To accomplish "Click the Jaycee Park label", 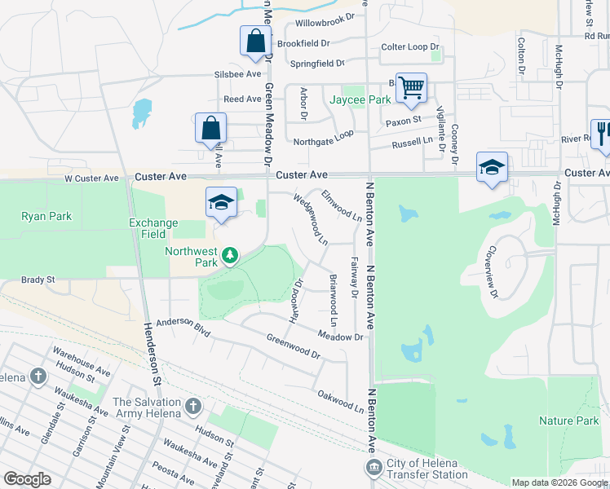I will click(x=360, y=99).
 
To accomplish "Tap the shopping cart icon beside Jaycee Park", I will click(x=411, y=88).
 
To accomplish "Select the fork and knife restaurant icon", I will click(x=603, y=132).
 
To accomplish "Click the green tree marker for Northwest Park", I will click(x=231, y=257).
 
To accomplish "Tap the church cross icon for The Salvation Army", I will click(x=193, y=406).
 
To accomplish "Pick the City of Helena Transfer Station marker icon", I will click(x=374, y=466).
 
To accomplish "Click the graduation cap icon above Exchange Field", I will click(x=221, y=202).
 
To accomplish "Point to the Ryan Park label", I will click(x=46, y=216).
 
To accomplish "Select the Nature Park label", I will click(x=569, y=421).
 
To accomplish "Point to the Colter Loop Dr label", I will click(x=410, y=47).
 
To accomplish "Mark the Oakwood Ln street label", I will click(x=340, y=400).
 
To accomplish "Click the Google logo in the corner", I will click(x=27, y=479).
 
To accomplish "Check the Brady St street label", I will click(x=38, y=280).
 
